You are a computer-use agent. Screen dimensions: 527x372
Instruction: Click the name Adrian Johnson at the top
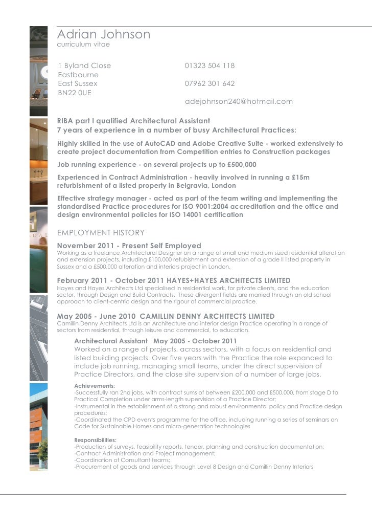coord(104,35)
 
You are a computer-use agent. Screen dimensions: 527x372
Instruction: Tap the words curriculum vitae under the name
coord(83,45)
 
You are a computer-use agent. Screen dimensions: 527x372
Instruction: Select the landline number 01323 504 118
coord(210,66)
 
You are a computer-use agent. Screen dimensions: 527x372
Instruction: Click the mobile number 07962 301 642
coord(210,83)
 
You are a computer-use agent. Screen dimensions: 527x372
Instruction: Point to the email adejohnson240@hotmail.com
coord(239,101)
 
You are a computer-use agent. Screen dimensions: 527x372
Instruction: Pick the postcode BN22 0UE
coord(75,93)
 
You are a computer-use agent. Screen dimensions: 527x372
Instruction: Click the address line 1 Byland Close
coord(84,66)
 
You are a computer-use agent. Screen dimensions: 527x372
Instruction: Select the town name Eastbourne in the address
coord(78,75)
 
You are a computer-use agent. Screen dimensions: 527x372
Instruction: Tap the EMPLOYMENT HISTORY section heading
coord(101,233)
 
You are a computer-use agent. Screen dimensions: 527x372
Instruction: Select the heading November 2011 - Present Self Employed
coord(129,246)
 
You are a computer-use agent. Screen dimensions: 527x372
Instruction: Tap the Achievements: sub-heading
coord(95,386)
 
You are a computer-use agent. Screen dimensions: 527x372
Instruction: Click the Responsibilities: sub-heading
coord(96,440)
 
